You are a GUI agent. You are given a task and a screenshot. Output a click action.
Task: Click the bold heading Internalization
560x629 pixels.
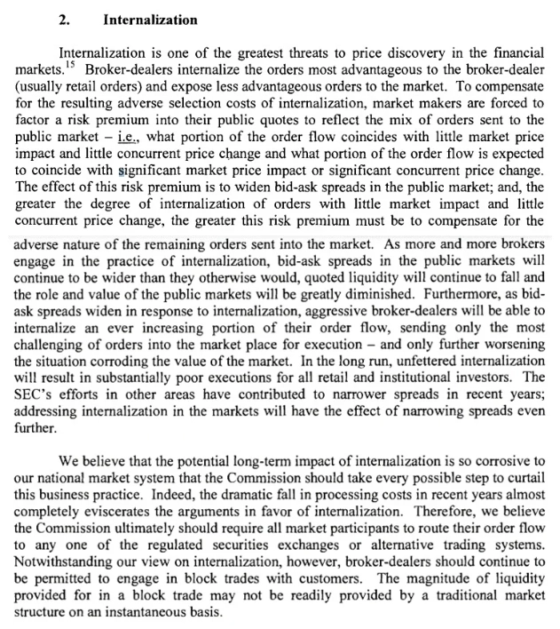[151, 18]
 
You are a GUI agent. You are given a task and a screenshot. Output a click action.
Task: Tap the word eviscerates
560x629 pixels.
[137, 510]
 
